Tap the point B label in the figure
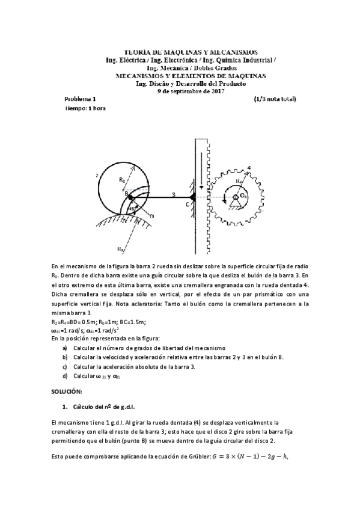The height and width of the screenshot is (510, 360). pyautogui.click(x=126, y=194)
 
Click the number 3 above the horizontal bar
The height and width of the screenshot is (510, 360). pyautogui.click(x=174, y=194)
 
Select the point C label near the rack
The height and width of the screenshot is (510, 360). pyautogui.click(x=187, y=204)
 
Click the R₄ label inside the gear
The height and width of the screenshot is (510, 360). pyautogui.click(x=239, y=180)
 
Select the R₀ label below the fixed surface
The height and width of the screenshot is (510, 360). pyautogui.click(x=121, y=250)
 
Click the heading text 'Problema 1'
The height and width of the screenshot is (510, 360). pyautogui.click(x=79, y=99)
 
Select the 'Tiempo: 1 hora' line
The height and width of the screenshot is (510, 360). pyautogui.click(x=84, y=108)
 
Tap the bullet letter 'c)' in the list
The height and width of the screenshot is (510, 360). pyautogui.click(x=65, y=366)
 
